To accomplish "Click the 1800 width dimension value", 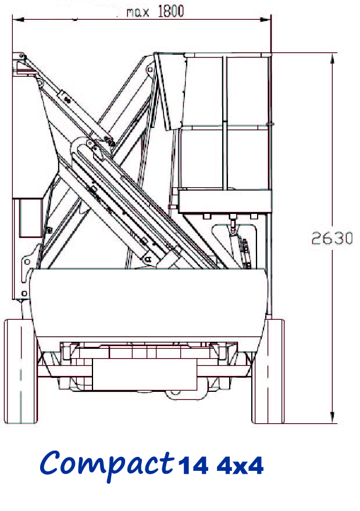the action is (171, 11).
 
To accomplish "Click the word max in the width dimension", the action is (138, 12).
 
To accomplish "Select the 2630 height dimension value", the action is (332, 238).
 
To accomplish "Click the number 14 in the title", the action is (193, 465).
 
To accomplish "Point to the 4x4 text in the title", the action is (240, 466).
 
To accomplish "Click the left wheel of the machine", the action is (20, 371).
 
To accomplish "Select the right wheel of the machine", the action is (268, 371).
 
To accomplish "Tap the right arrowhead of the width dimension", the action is (265, 20).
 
